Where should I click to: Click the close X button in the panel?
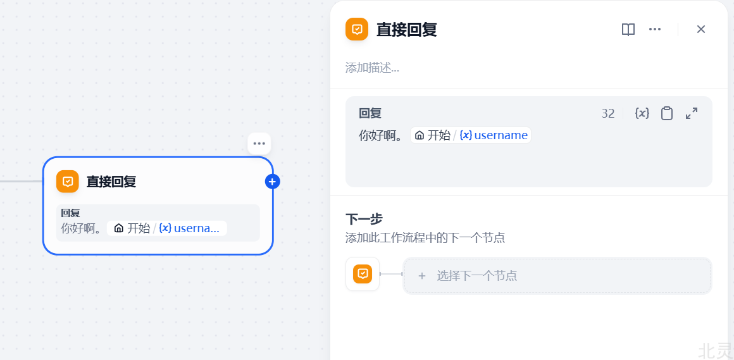pos(700,29)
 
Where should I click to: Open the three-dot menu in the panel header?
pos(655,29)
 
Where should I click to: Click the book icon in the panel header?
pos(628,30)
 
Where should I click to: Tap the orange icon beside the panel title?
pos(357,29)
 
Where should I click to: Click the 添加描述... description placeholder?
pos(372,68)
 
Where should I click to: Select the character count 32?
pos(608,113)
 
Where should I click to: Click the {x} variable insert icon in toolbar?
pos(642,113)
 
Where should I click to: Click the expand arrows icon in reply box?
pos(692,113)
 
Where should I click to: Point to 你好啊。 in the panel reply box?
pos(381,135)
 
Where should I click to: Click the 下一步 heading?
pos(364,219)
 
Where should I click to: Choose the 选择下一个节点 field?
pos(557,276)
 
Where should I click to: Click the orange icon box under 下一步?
pos(363,274)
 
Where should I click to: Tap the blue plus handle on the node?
pos(272,182)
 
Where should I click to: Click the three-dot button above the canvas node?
pos(259,144)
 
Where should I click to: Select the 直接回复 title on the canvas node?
pos(111,182)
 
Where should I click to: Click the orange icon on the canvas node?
pos(68,182)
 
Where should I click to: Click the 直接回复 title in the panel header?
pos(407,30)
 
